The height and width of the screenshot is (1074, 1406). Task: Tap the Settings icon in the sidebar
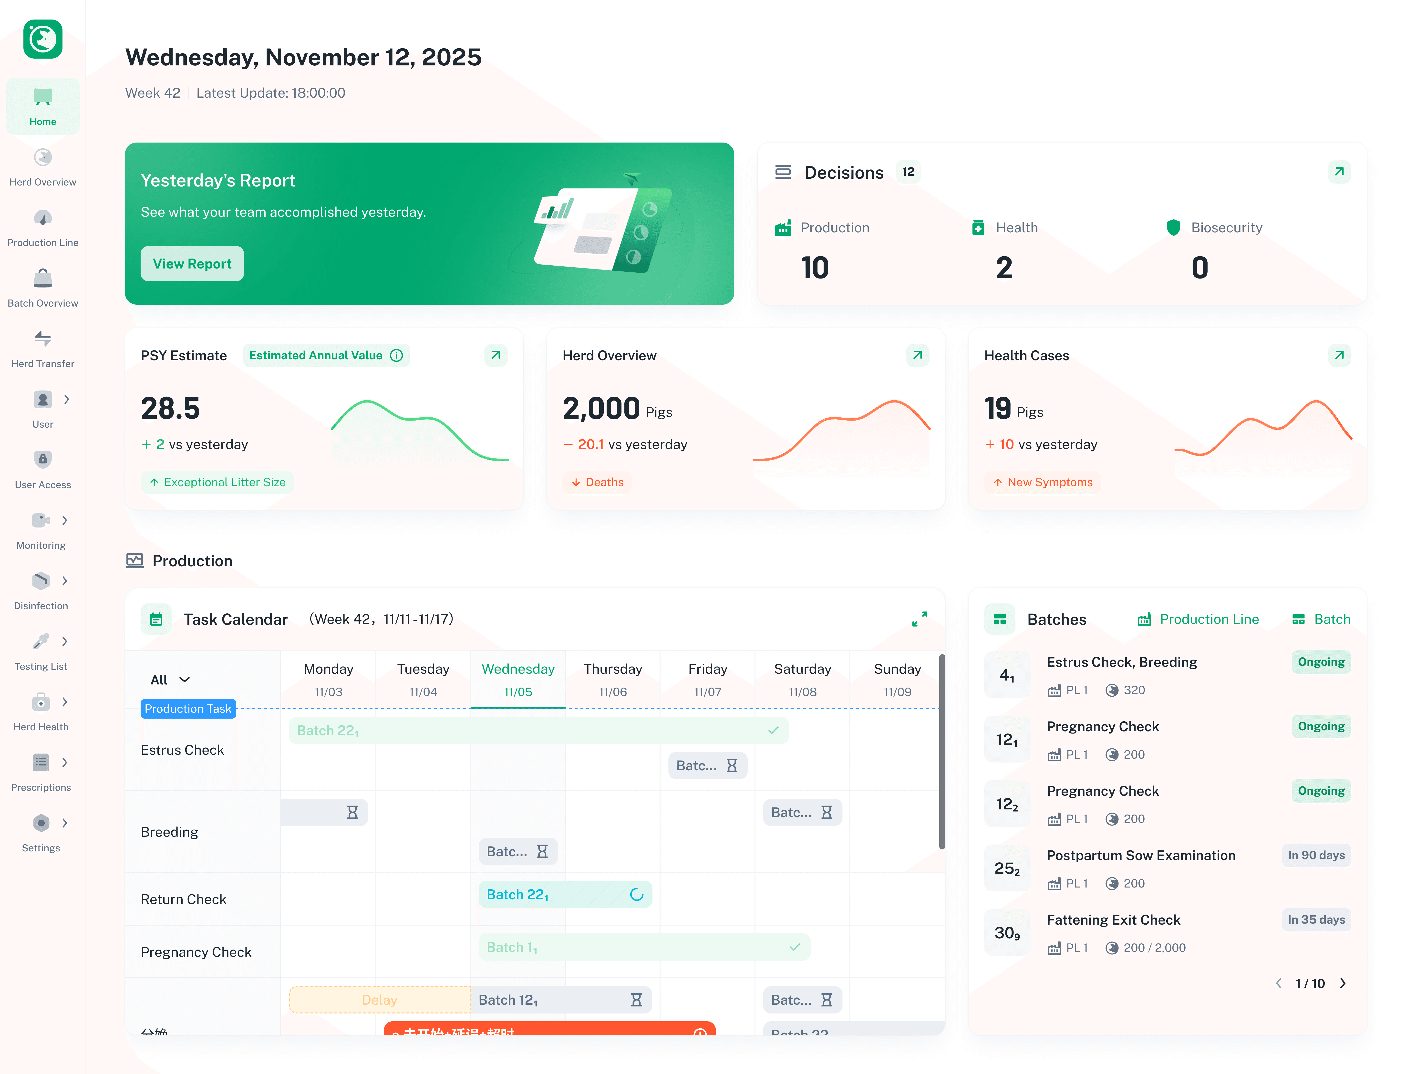[41, 823]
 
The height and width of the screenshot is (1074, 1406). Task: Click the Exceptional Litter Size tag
[217, 482]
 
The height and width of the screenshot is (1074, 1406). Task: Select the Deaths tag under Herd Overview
[597, 482]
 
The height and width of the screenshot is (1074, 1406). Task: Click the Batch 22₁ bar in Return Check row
[565, 894]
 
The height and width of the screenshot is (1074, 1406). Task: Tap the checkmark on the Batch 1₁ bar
[795, 947]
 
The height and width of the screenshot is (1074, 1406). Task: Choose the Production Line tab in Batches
[1198, 619]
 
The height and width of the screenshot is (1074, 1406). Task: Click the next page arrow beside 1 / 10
[1343, 983]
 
